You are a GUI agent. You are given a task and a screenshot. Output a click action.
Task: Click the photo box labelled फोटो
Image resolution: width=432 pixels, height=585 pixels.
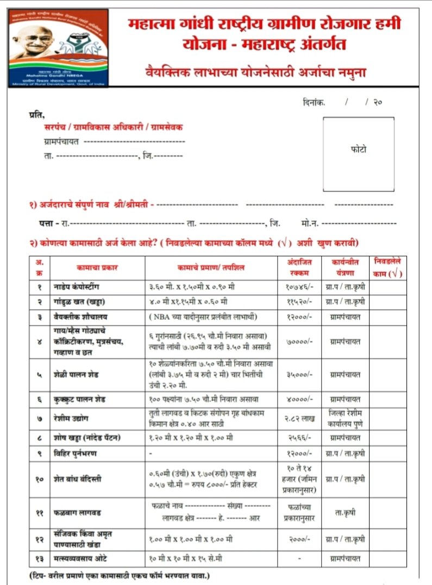point(358,148)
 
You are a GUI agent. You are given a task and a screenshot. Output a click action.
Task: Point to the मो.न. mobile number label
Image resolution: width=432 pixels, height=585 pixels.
point(308,223)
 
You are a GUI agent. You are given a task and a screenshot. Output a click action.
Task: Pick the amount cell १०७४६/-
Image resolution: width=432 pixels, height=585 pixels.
point(299,286)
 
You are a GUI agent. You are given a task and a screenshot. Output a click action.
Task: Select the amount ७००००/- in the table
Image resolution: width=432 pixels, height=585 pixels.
point(299,342)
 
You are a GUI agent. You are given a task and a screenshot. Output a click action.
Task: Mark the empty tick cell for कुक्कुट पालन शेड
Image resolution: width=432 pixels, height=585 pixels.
point(388,399)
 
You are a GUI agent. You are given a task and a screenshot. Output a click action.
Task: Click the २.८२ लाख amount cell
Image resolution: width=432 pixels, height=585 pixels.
point(299,419)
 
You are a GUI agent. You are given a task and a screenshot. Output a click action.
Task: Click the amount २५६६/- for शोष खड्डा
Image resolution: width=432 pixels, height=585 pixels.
point(299,438)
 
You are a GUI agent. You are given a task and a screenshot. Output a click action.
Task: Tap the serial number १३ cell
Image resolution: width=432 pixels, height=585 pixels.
point(39,558)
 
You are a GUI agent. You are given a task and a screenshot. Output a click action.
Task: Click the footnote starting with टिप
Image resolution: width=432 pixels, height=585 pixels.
point(120,575)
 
